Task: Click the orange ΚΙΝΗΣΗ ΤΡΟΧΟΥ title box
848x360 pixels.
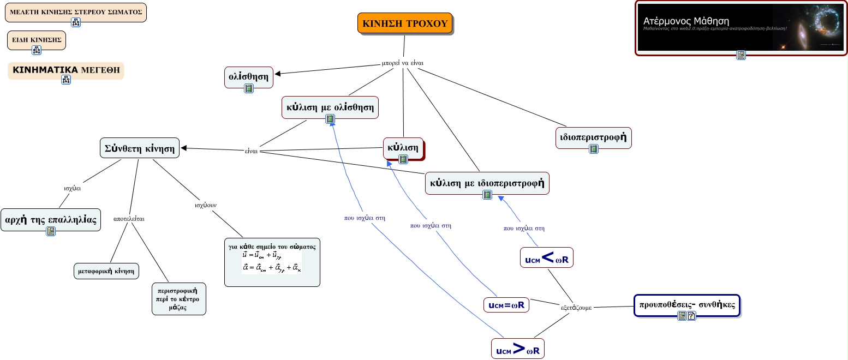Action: click(405, 23)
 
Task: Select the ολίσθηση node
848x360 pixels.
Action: click(248, 76)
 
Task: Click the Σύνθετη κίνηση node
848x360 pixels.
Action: click(140, 147)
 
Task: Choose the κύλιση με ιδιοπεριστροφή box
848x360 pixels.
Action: click(487, 183)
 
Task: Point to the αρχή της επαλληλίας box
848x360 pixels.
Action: click(51, 219)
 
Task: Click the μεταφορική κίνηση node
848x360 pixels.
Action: click(106, 271)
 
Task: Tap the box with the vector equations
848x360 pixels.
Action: click(272, 262)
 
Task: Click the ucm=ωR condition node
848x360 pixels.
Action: click(506, 305)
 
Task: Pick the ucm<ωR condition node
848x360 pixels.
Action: click(546, 259)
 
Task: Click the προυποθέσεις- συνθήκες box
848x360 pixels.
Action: click(686, 305)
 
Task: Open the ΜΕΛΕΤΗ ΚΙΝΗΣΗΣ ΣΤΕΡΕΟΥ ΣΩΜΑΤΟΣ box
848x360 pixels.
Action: click(76, 11)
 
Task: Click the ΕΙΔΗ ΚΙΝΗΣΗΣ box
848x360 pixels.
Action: click(37, 40)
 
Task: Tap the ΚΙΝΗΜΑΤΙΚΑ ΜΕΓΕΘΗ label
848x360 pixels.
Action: click(66, 70)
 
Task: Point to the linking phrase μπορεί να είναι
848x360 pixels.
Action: click(402, 63)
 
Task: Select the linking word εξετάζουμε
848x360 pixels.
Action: click(576, 307)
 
